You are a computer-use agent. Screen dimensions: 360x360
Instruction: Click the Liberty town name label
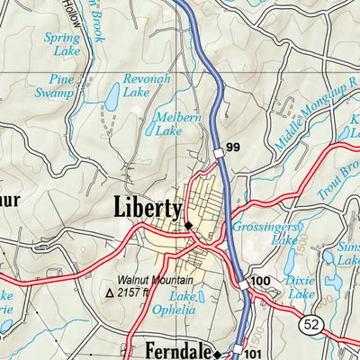coord(148,207)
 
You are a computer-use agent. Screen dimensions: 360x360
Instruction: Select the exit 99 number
coord(234,148)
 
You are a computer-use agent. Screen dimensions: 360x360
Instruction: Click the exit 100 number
coord(260,282)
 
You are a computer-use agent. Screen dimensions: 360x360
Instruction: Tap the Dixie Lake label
coord(301,287)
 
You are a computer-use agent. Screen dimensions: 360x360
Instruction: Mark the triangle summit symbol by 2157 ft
coord(112,292)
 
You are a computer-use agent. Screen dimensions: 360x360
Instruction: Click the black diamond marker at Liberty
coord(188,225)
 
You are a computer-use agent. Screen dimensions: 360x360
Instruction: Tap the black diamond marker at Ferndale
coord(217,352)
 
